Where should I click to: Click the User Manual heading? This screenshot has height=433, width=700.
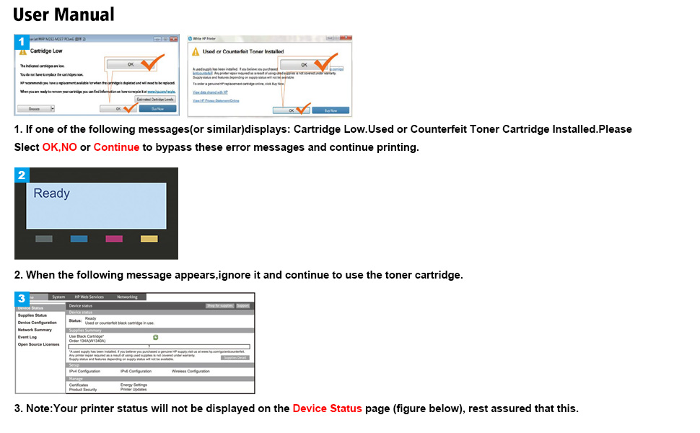tap(64, 14)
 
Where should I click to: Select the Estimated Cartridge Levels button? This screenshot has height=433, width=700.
tap(154, 99)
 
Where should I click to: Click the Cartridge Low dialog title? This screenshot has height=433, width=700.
tap(45, 51)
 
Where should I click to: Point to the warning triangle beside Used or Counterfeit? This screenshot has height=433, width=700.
tap(194, 51)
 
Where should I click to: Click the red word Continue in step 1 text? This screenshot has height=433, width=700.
tap(116, 146)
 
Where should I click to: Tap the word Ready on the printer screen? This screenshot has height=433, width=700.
tap(51, 193)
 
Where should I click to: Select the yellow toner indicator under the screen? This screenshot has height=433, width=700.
tap(149, 239)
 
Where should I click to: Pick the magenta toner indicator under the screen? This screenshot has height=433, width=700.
tap(114, 239)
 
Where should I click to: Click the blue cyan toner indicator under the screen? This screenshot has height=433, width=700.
tap(79, 239)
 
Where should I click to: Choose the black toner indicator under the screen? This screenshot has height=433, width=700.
tap(44, 239)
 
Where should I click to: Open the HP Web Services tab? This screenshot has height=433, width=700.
tap(89, 297)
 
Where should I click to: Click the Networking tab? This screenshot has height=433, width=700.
tap(127, 297)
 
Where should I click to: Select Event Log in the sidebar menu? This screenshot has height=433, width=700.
tap(27, 337)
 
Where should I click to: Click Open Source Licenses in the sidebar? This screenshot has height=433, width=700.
tap(38, 344)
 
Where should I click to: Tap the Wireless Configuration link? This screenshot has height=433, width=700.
tap(191, 371)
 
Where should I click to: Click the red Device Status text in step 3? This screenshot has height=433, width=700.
tap(327, 408)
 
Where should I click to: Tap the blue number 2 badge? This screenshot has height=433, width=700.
tap(22, 175)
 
